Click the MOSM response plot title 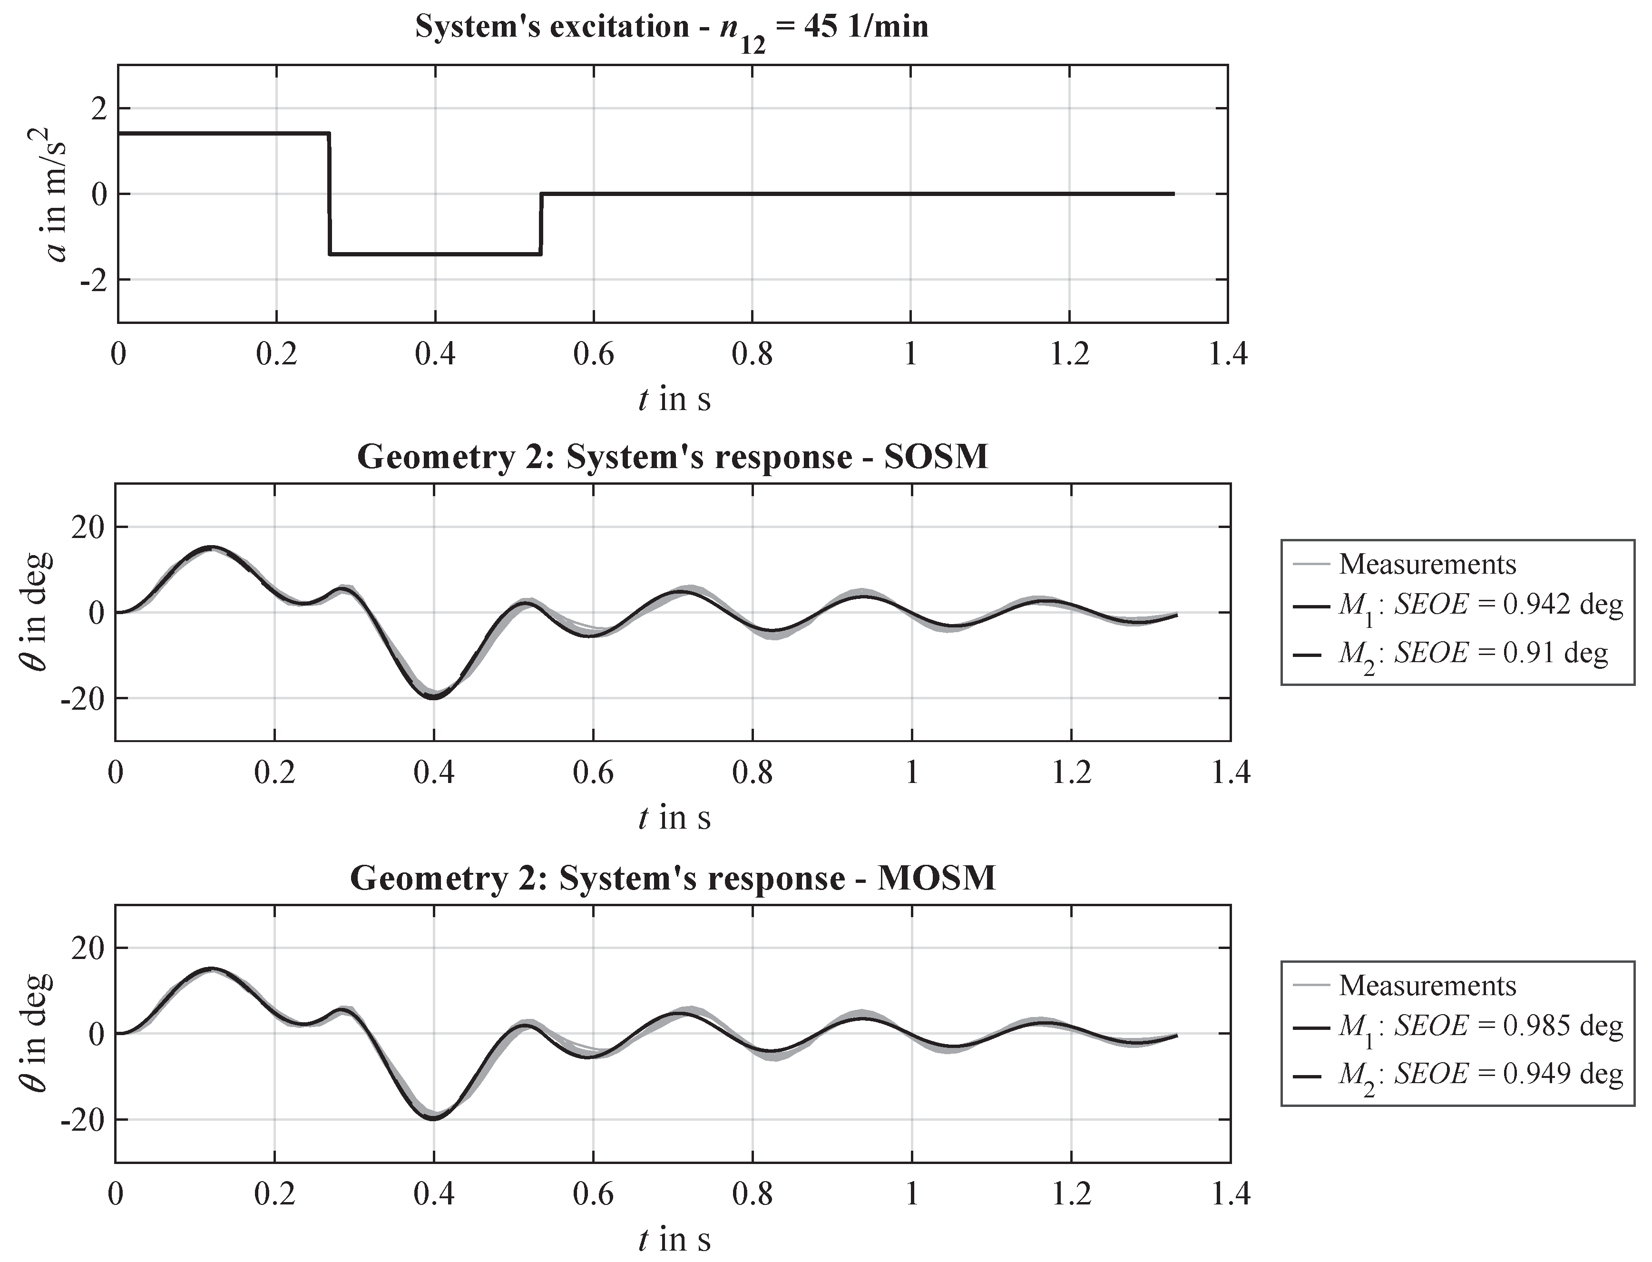coord(673,878)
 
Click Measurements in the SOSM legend coord(1427,564)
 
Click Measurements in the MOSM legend coord(1427,986)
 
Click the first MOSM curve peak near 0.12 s coord(211,969)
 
